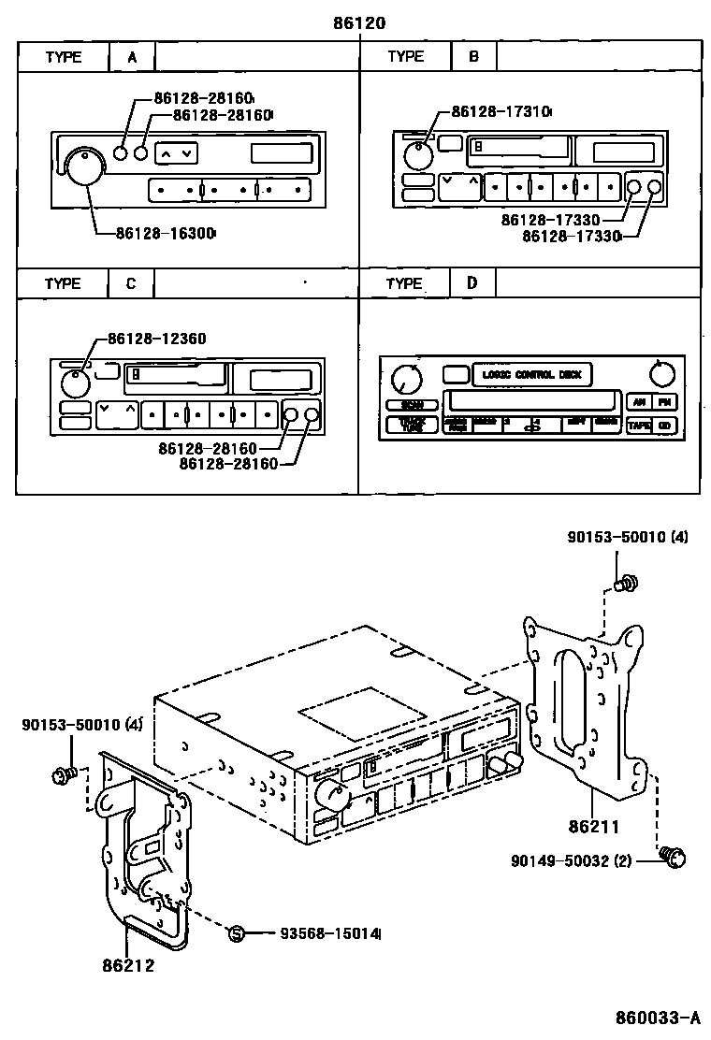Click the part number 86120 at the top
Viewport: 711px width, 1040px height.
point(359,22)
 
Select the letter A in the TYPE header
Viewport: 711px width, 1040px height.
point(133,57)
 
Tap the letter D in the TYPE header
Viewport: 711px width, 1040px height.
point(473,282)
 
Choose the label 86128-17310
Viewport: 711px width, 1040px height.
point(501,111)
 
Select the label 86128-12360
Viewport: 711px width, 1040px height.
point(156,339)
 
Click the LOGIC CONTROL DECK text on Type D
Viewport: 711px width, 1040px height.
point(531,375)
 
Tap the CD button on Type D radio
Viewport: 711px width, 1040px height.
point(664,426)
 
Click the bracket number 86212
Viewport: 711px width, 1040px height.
point(128,965)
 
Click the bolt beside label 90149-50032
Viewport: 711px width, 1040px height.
point(673,856)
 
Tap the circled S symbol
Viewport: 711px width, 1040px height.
point(237,932)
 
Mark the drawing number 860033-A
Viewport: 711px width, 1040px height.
point(658,1018)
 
